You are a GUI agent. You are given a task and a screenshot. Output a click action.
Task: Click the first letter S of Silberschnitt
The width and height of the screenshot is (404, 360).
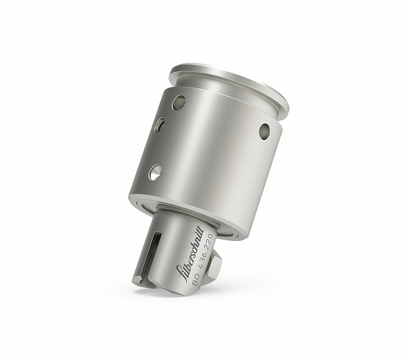tap(179, 272)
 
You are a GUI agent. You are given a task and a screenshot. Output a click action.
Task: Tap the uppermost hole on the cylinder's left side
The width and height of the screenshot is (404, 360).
tap(178, 102)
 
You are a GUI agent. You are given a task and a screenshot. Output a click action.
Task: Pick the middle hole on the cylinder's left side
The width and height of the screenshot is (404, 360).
tap(160, 125)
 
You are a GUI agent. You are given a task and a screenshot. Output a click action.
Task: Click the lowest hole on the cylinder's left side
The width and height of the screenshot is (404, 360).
tap(155, 172)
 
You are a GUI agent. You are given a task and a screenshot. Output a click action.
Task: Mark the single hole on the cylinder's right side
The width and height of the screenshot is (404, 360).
tap(265, 131)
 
